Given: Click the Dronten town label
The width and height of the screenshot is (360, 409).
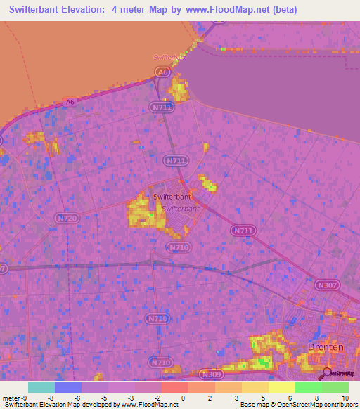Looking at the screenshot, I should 326,346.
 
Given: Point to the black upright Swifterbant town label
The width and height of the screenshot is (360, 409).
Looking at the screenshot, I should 172,197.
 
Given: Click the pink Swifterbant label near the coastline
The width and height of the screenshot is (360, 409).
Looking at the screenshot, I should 168,57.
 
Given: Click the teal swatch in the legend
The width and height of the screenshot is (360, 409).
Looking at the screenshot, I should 41,387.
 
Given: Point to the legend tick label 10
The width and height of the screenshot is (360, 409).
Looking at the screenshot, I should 344,397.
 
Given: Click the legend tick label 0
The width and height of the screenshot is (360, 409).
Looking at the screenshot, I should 183,397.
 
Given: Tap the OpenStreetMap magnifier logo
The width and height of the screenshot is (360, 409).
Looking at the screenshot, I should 327,374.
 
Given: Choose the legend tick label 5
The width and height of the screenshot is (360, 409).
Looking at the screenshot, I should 263,397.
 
